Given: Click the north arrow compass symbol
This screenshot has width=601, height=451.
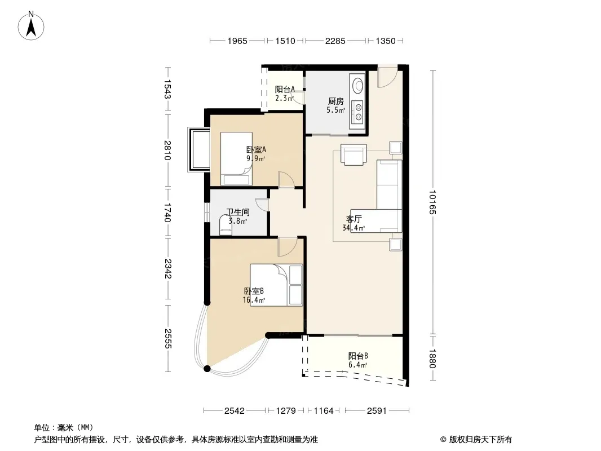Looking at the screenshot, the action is pos(31,26).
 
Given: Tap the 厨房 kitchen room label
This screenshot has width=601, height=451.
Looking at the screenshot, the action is pos(336,101).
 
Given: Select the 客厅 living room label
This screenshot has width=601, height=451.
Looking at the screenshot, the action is pos(353,219).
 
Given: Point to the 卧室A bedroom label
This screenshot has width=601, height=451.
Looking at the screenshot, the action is pos(256,149).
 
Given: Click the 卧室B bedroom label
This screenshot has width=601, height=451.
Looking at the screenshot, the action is pos(254,291).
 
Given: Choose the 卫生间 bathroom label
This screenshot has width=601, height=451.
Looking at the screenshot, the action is pos(238,213).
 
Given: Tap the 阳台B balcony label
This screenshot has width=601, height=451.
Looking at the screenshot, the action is pos(359,356).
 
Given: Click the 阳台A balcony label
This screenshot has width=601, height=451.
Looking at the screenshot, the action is pos(285,89).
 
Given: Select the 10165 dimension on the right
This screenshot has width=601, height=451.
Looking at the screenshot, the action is pos(432,202).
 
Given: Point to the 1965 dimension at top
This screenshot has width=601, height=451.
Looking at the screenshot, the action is pos(237,41).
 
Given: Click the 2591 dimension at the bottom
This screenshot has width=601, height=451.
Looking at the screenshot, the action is pos(377,411).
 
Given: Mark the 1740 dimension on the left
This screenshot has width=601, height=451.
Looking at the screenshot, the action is pos(167,213).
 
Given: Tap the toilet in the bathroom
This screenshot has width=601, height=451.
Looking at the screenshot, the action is pos(226,225).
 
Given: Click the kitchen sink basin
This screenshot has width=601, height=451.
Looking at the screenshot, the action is pos(358,86).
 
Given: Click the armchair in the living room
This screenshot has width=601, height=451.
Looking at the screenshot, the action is pos(353,154).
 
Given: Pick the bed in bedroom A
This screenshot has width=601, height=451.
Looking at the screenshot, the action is pos(236,159).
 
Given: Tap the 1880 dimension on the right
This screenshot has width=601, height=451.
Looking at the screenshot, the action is pos(432,359).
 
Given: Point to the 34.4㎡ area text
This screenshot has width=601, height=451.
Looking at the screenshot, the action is pos(353,228).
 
